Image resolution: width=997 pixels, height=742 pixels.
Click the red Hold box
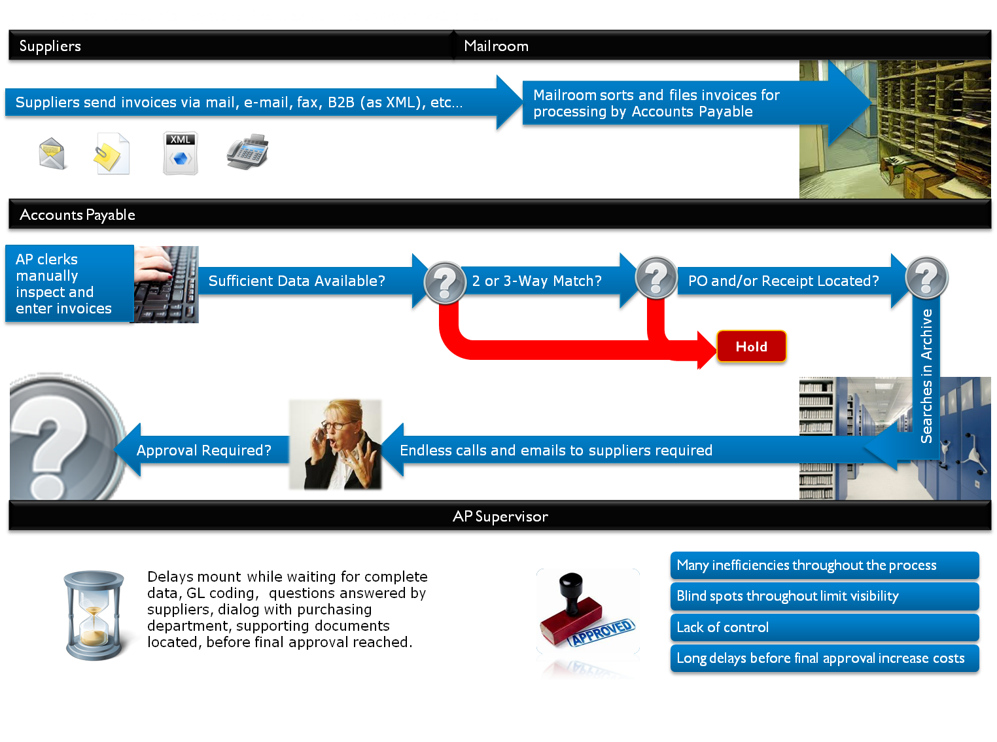[752, 347]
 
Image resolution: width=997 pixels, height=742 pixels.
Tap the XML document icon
[181, 154]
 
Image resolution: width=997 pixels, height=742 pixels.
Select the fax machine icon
[248, 152]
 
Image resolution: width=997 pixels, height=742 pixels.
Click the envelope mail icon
[52, 154]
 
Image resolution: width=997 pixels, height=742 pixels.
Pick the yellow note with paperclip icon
[112, 154]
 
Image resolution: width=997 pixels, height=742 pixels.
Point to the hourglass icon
[94, 615]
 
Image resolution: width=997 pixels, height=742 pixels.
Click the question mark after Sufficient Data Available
[445, 283]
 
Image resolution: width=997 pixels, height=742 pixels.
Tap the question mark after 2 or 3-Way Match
[656, 278]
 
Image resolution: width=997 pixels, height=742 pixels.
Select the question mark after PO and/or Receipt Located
[926, 277]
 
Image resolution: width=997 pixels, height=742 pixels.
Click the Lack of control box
[824, 627]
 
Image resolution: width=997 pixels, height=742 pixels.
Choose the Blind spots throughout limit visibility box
[824, 596]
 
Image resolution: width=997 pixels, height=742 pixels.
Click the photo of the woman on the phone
[335, 444]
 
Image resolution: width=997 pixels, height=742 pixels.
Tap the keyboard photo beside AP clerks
[167, 284]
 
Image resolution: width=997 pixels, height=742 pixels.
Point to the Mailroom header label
[496, 46]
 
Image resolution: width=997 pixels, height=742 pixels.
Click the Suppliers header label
[50, 46]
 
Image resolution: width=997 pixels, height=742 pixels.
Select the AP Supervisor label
[500, 517]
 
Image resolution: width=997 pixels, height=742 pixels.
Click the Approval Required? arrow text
[203, 450]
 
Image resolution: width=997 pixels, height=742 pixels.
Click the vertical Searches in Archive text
[926, 376]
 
